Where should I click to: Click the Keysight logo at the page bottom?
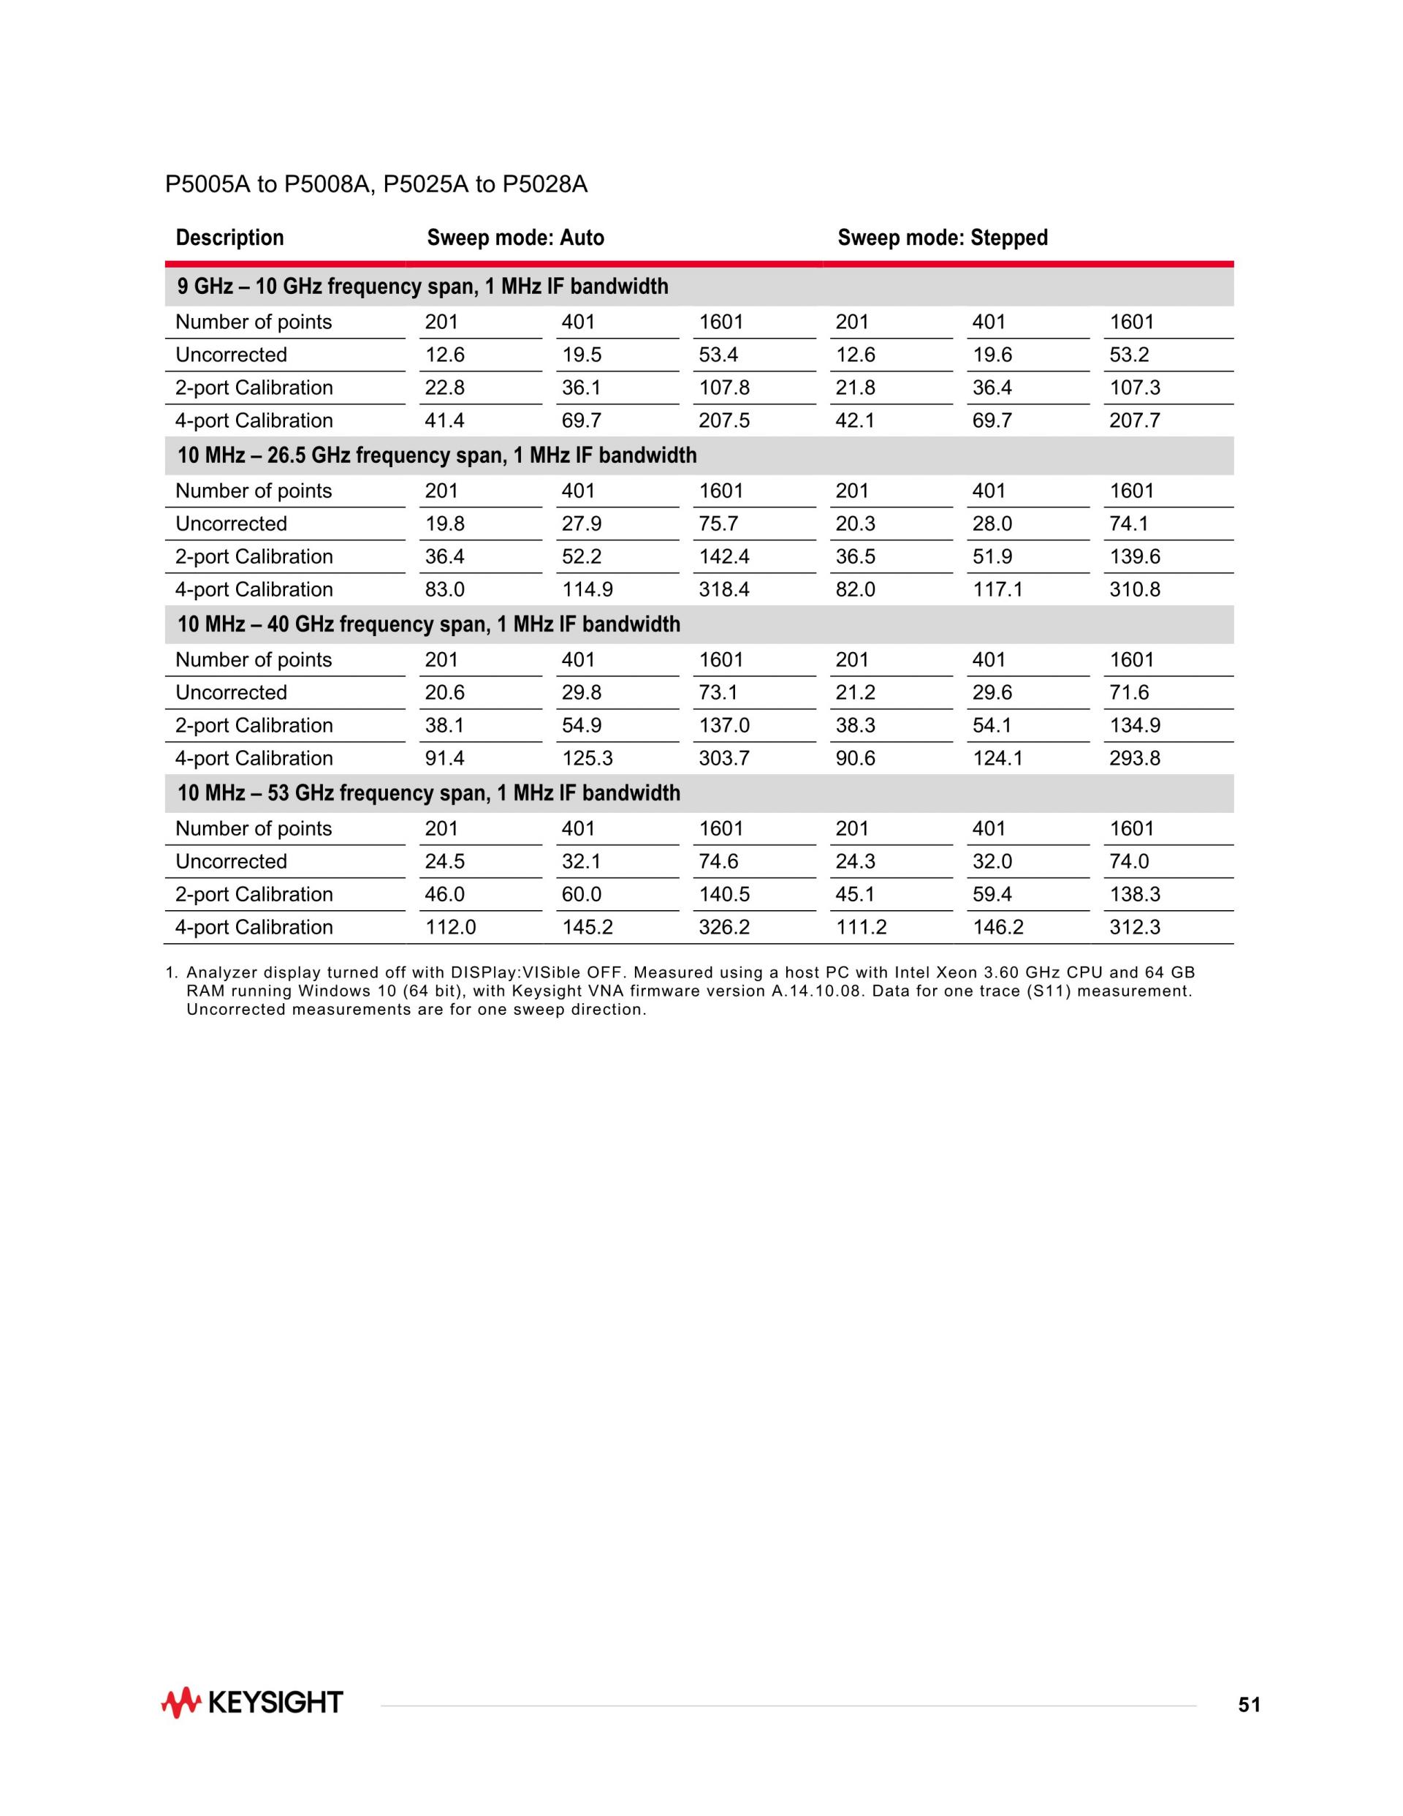tap(252, 1703)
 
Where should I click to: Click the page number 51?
tap(1248, 1706)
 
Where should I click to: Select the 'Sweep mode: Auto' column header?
tap(515, 238)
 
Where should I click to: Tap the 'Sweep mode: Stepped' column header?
tap(943, 238)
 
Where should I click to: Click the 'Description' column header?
tap(229, 238)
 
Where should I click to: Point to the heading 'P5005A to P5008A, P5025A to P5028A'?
tap(376, 184)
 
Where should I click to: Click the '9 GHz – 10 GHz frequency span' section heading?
tap(422, 287)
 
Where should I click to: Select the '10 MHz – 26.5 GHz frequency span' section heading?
tap(437, 455)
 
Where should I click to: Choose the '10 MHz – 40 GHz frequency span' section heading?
tap(429, 624)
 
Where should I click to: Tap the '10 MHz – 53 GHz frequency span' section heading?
tap(429, 793)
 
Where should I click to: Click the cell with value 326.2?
tap(724, 927)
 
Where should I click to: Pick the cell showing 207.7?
tap(1135, 421)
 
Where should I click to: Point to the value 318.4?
tap(724, 589)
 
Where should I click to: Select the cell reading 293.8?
tap(1135, 758)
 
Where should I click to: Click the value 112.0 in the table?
tap(450, 927)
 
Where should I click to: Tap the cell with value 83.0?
tap(445, 589)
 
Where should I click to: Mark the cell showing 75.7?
tap(718, 524)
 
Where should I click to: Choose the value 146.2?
tap(998, 927)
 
